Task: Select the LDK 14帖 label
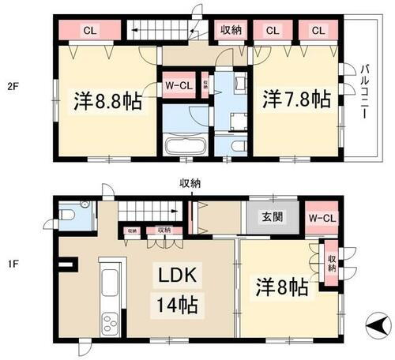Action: click(180, 289)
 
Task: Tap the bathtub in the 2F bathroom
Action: click(186, 147)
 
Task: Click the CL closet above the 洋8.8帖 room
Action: click(89, 31)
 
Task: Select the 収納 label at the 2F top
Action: click(231, 31)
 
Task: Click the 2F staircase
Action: click(162, 32)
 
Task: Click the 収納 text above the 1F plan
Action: click(190, 183)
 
